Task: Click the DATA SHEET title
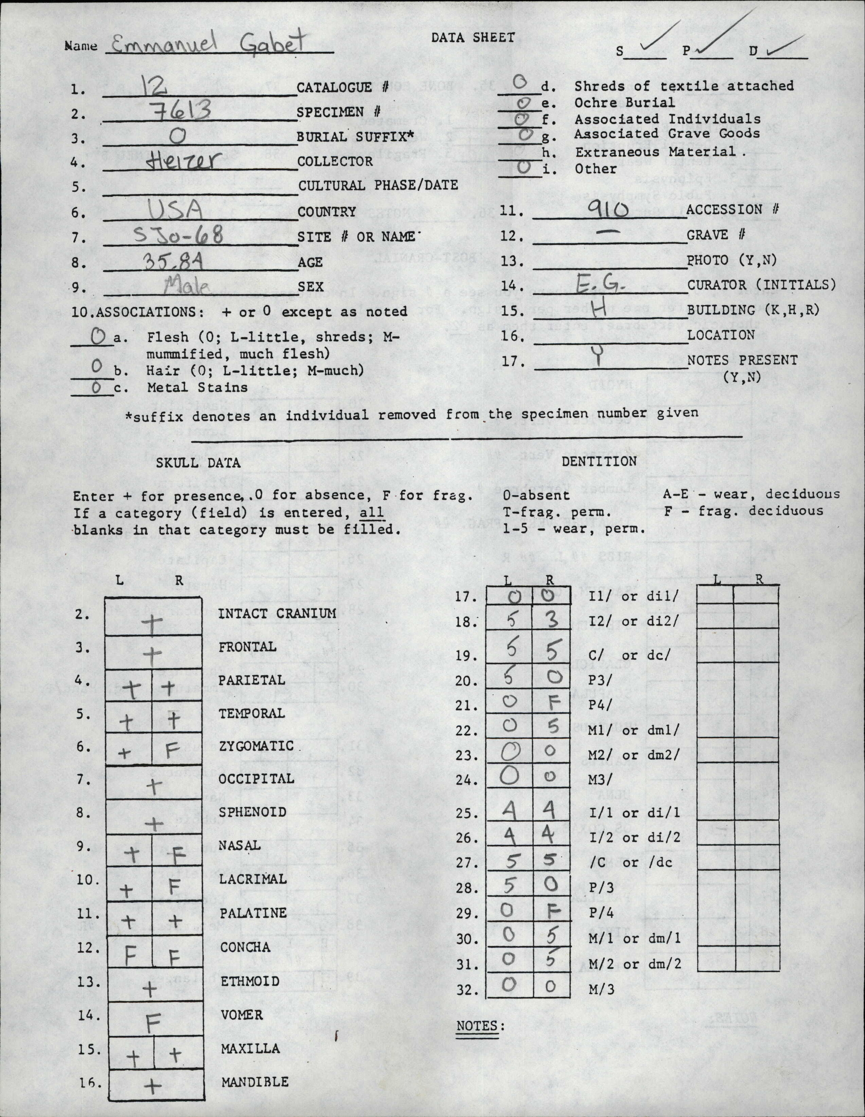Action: pyautogui.click(x=473, y=37)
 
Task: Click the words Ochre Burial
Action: pyautogui.click(x=624, y=102)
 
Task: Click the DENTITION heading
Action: pyautogui.click(x=599, y=461)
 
